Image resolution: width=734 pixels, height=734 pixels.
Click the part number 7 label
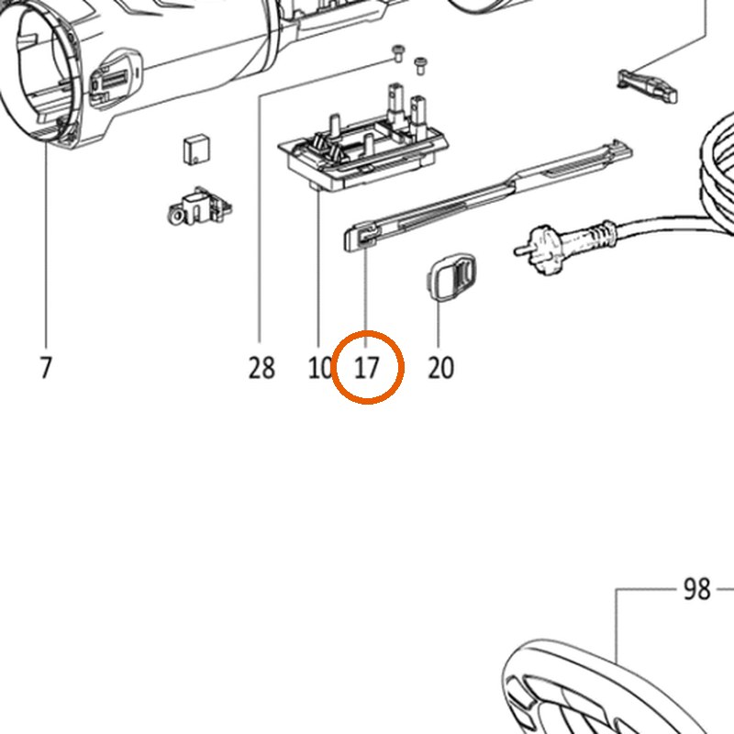tap(45, 368)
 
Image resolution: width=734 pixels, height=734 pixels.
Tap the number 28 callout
tap(261, 368)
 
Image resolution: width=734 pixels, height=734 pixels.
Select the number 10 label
tap(319, 368)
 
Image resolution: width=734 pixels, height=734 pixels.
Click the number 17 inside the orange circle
tap(366, 368)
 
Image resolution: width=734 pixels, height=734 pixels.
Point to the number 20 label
tap(440, 368)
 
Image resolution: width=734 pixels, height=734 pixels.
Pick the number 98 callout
tap(697, 589)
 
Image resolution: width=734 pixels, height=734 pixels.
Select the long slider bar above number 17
tap(488, 195)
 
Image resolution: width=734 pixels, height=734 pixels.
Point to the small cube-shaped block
tap(196, 150)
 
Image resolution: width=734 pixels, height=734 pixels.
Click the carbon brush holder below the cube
tap(199, 206)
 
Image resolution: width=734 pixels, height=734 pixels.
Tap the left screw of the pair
tap(398, 53)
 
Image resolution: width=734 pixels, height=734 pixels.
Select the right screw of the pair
tap(421, 65)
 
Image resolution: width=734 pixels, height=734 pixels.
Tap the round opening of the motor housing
tap(39, 71)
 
